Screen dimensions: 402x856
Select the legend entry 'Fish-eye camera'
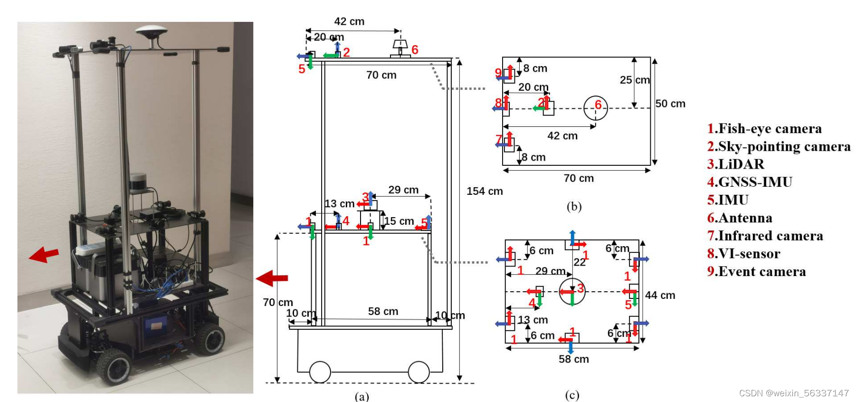point(764,129)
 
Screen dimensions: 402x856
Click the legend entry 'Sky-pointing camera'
point(779,146)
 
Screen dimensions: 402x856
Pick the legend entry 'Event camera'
point(756,271)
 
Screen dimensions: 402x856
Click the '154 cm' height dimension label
point(484,191)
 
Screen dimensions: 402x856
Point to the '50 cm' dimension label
point(670,104)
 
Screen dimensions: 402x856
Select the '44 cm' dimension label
point(660,295)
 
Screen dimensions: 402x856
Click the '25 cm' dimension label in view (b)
point(635,80)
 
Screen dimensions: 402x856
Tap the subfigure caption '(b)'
point(574,207)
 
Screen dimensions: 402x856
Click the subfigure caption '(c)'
point(572,395)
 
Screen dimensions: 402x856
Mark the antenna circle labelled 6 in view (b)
point(596,108)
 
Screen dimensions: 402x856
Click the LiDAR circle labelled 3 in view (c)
point(572,291)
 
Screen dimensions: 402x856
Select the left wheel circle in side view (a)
point(320,372)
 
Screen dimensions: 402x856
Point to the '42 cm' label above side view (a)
point(349,21)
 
